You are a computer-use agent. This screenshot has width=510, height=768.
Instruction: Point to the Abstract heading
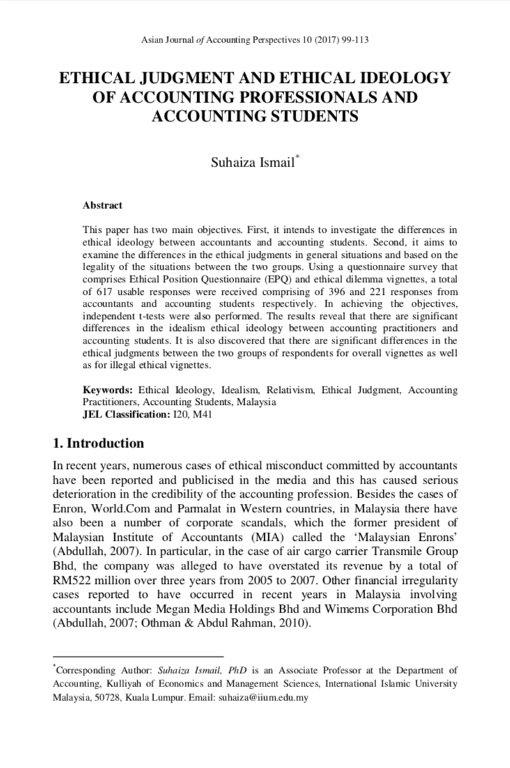(x=102, y=206)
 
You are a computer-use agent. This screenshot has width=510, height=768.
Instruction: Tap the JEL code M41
(x=203, y=415)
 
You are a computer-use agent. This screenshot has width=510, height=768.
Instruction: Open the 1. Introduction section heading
(x=99, y=444)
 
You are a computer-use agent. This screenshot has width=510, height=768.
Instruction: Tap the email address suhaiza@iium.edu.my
(x=263, y=697)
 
